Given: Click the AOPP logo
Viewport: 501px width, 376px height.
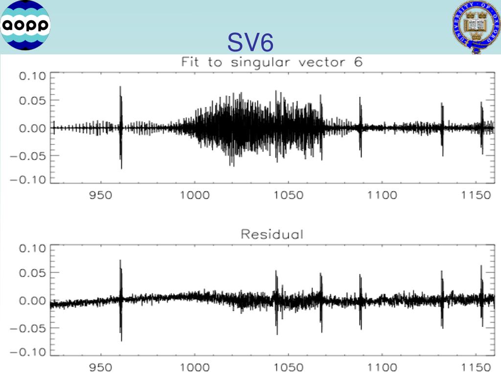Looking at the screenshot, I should (x=26, y=25).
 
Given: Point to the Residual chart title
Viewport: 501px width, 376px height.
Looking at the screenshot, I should (x=272, y=235).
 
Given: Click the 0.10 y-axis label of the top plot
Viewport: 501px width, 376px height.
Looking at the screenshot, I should (x=32, y=76).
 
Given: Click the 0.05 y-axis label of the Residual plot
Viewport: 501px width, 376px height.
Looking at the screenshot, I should (x=32, y=272).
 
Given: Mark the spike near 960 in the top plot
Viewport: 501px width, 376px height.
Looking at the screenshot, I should (x=120, y=127).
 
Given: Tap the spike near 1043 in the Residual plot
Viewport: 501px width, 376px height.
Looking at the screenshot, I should (x=276, y=300).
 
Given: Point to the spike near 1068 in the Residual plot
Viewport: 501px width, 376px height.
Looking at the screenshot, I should (x=321, y=300).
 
